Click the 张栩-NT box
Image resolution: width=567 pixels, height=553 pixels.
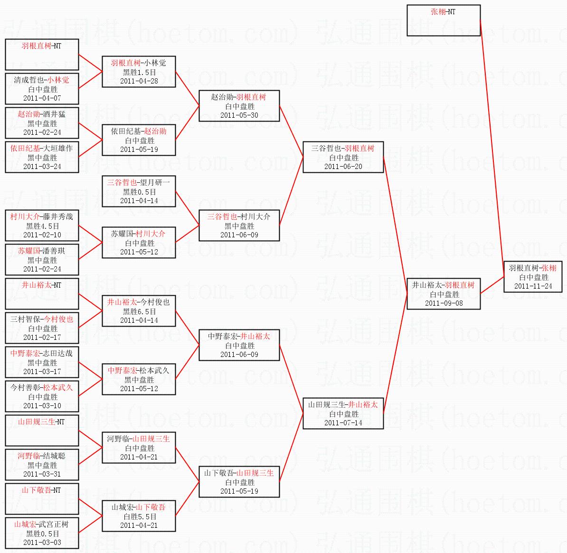[444, 20]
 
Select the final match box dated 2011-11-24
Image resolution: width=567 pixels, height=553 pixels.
[533, 277]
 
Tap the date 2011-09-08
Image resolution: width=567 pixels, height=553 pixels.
[444, 303]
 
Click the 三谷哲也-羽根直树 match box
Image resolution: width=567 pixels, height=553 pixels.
[343, 157]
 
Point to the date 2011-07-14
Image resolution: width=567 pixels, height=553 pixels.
[343, 423]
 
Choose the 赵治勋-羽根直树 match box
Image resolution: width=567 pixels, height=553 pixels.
[239, 106]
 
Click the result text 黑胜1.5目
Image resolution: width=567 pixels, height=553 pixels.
[139, 72]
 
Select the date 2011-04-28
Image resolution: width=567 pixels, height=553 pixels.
[139, 81]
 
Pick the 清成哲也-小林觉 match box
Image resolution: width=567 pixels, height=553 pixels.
[42, 89]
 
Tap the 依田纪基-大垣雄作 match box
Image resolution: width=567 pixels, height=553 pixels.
[42, 157]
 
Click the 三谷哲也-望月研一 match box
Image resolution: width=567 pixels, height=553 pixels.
[139, 191]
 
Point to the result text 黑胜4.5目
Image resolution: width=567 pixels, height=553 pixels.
[42, 226]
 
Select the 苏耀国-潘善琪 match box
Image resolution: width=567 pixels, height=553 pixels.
[42, 260]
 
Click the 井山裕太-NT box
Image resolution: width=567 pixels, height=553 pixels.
[42, 294]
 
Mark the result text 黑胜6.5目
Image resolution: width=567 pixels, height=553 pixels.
[139, 311]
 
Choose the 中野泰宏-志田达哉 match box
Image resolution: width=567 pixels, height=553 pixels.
[42, 362]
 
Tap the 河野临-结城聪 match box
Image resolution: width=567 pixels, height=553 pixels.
[42, 465]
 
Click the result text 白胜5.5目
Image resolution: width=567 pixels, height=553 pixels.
[139, 516]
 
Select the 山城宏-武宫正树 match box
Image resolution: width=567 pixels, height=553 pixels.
[42, 533]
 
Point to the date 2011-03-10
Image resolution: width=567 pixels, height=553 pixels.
[42, 406]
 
